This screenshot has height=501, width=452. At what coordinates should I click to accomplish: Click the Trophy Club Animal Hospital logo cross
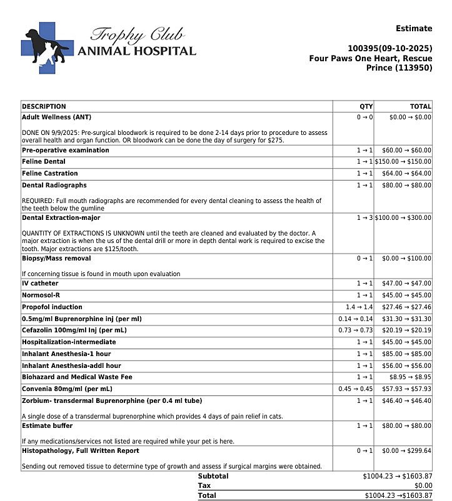46,47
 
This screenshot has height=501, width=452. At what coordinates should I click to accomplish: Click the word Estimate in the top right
413,29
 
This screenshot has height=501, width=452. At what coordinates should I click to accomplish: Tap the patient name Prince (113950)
399,67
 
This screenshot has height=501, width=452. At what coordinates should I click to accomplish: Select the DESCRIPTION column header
44,107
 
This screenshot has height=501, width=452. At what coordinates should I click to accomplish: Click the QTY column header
366,107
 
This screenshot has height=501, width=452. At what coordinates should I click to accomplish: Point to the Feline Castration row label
50,174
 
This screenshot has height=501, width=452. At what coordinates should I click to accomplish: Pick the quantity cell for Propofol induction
359,307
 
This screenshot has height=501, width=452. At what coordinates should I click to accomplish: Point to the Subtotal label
213,476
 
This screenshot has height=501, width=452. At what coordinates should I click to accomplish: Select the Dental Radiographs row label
54,186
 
